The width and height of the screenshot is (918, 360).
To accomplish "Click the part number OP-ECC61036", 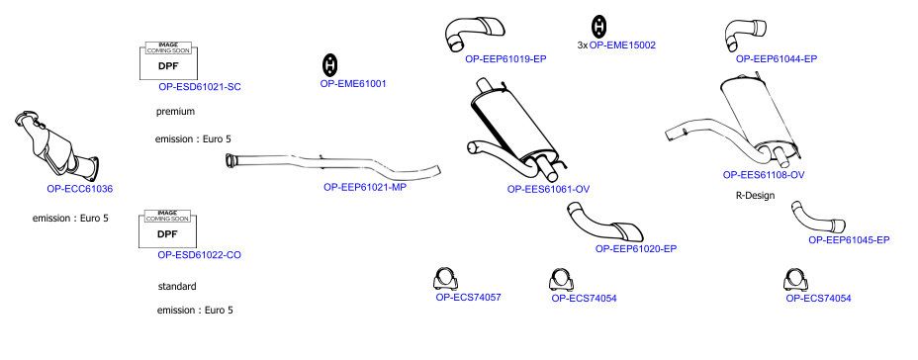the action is point(79,189).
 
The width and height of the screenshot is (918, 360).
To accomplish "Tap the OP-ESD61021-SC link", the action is point(200,87).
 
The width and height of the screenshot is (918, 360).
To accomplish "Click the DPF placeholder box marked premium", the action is point(168,61).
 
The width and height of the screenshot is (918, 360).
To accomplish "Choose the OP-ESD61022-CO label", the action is point(199,255).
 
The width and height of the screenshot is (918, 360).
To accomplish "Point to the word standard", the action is point(177,286).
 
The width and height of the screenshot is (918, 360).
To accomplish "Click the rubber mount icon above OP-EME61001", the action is point(330,65).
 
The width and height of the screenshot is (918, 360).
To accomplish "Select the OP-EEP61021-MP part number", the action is point(365,187).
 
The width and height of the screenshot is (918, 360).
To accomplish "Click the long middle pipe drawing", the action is point(333,164).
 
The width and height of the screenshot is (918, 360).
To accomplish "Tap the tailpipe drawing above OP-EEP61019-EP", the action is point(473,33).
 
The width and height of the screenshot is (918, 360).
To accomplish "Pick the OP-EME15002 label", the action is point(622,45).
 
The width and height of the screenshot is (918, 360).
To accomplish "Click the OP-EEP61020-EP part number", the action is point(636,249).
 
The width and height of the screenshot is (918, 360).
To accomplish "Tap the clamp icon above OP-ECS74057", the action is point(446,279).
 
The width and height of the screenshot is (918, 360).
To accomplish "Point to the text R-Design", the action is point(755,196).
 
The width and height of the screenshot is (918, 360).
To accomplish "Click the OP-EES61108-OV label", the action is point(764,175).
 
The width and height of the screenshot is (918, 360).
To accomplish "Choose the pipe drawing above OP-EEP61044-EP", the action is point(744,35).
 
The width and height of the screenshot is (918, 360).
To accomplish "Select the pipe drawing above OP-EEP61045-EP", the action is point(817,218).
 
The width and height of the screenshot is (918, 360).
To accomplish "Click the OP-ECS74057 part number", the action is point(468,298).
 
